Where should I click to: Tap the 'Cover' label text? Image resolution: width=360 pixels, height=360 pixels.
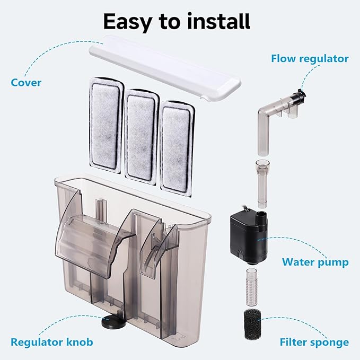(x=25, y=83)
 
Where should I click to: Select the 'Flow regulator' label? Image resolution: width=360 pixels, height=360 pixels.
(x=310, y=58)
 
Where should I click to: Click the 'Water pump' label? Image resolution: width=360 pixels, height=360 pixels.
(x=315, y=262)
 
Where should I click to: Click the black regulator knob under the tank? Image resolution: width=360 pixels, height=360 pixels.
(x=110, y=322)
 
